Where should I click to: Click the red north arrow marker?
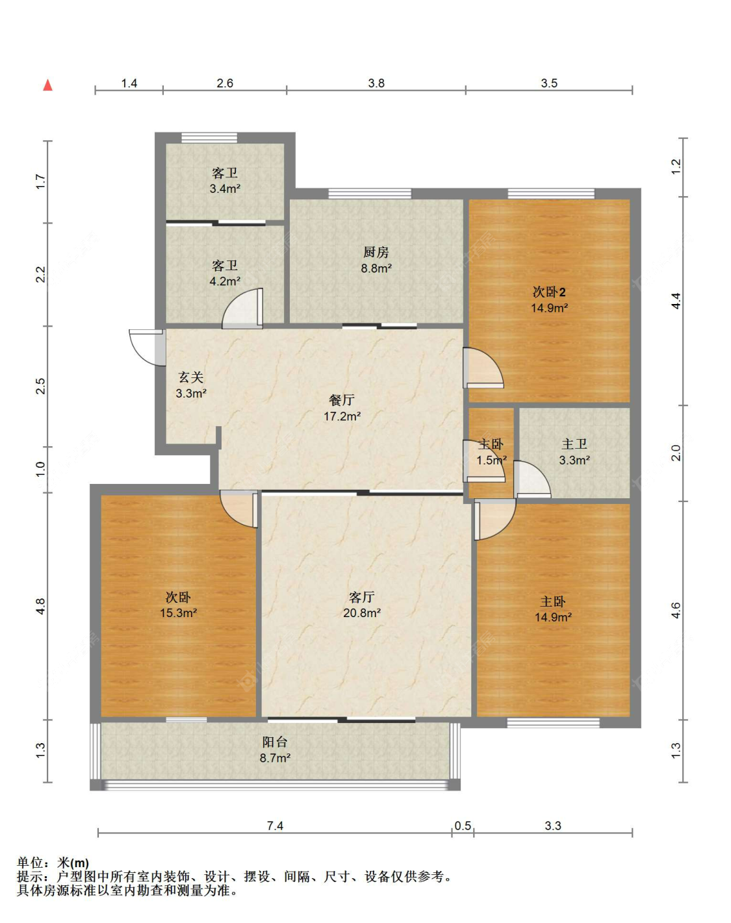47,85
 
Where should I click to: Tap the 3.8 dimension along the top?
376,83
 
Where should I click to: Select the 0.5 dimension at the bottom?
463,826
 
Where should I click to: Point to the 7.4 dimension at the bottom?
275,826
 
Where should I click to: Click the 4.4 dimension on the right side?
676,301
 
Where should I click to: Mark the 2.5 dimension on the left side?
40,386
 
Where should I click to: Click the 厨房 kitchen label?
376,252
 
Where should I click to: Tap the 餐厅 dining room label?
342,400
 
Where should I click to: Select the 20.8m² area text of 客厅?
362,613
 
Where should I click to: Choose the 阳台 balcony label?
275,742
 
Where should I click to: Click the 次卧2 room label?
549,292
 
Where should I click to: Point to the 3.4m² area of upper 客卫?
225,189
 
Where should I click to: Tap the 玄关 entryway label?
191,377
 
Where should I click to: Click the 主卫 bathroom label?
574,444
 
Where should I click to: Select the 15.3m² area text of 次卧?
178,613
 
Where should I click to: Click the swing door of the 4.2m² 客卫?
244,308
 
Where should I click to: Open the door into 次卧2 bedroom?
482,368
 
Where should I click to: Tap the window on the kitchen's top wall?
370,193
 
